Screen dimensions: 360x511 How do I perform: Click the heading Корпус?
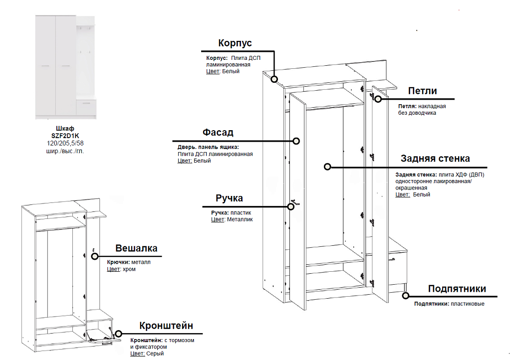click(235, 43)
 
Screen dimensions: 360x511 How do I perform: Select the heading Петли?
click(422, 91)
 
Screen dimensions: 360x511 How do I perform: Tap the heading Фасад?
click(218, 133)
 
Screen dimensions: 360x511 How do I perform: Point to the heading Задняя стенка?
click(435, 159)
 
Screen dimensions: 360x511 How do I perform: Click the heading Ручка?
click(229, 198)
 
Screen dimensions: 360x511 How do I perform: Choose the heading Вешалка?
click(136, 248)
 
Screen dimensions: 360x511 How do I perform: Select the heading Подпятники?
click(457, 289)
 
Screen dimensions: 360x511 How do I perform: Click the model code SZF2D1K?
click(65, 135)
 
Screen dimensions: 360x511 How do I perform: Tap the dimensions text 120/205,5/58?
click(65, 143)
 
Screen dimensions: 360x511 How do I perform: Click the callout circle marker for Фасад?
click(296, 141)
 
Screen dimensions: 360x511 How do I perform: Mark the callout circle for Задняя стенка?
click(327, 167)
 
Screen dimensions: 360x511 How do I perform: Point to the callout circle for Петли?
click(378, 99)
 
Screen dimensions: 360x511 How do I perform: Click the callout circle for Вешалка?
click(95, 256)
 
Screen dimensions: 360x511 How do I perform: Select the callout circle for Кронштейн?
click(119, 334)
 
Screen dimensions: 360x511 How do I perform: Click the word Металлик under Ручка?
click(240, 219)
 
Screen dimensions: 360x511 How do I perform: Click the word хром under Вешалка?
click(129, 269)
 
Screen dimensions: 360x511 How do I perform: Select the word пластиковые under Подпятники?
click(467, 304)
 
